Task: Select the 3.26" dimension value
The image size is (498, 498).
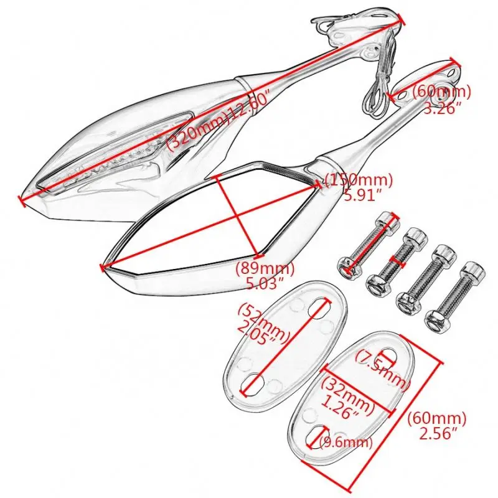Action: pos(443,108)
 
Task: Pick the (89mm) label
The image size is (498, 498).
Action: pos(260,269)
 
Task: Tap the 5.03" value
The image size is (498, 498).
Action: pos(259,283)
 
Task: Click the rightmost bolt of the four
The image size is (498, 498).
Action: pos(457,295)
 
